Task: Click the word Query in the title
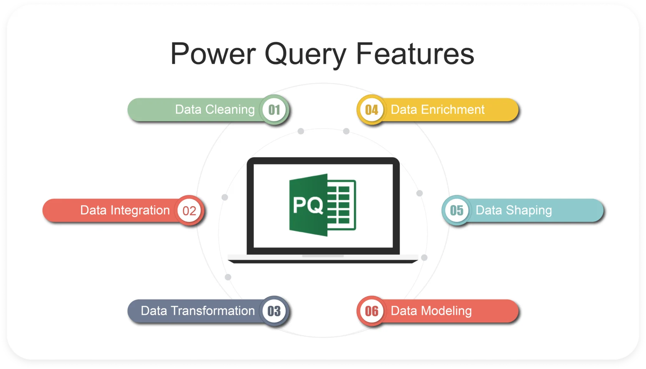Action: [305, 54]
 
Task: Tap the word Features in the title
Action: [415, 54]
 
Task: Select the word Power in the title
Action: [213, 54]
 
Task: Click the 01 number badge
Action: [274, 110]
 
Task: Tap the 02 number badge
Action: [189, 211]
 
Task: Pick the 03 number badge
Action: [274, 311]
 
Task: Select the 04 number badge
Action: [371, 110]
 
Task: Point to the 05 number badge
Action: [456, 211]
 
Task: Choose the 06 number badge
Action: [371, 311]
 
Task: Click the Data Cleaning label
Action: [215, 110]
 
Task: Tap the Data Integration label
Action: [125, 211]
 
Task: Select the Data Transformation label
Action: [198, 311]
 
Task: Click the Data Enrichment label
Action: [438, 110]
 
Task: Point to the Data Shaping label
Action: [514, 211]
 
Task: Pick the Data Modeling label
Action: [431, 311]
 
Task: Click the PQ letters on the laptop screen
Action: [308, 205]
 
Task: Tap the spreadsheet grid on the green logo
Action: [341, 205]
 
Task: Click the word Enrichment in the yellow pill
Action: [453, 110]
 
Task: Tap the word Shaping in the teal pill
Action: [529, 211]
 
